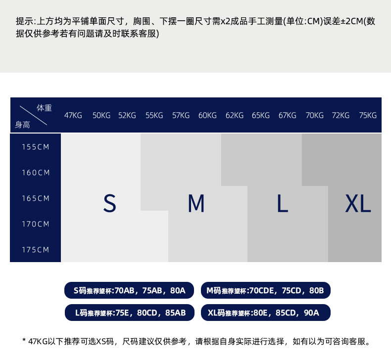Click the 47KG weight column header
click(73, 115)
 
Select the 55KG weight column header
click(154, 115)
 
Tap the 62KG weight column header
click(235, 115)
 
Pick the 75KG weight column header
click(368, 115)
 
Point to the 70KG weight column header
click(314, 115)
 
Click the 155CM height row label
click(36, 147)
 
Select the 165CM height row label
click(36, 198)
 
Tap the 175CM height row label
click(36, 250)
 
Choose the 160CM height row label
click(36, 173)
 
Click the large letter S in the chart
click(109, 203)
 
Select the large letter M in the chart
click(196, 203)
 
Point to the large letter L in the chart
click(282, 203)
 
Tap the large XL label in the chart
click(358, 203)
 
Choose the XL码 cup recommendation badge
click(265, 313)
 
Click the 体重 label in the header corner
click(44, 108)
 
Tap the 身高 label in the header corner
click(22, 125)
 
